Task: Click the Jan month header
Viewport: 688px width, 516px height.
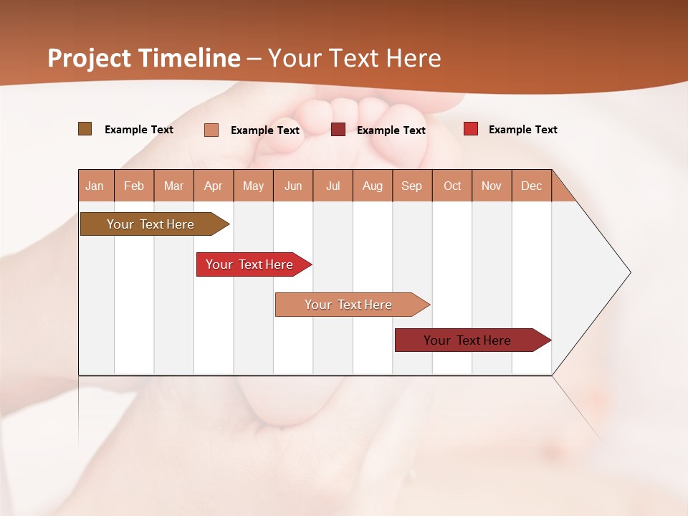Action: (95, 186)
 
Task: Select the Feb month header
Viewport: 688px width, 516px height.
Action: (134, 186)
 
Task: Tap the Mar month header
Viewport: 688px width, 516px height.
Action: (173, 186)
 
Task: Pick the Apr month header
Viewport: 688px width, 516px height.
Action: (214, 186)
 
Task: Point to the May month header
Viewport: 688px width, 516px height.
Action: (253, 186)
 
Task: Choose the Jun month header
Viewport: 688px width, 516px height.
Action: (293, 186)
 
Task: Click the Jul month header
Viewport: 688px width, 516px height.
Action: (333, 186)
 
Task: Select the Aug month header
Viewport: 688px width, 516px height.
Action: (373, 186)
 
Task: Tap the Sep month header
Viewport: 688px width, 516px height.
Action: (412, 186)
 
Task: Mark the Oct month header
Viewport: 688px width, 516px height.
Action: (452, 186)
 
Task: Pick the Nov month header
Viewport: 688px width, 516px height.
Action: (492, 186)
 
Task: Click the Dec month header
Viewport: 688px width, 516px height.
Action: (531, 186)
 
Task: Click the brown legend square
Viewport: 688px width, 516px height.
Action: (85, 129)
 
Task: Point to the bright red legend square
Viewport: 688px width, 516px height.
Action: (471, 129)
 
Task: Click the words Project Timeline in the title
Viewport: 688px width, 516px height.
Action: (144, 58)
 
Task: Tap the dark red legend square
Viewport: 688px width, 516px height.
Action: (338, 130)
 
